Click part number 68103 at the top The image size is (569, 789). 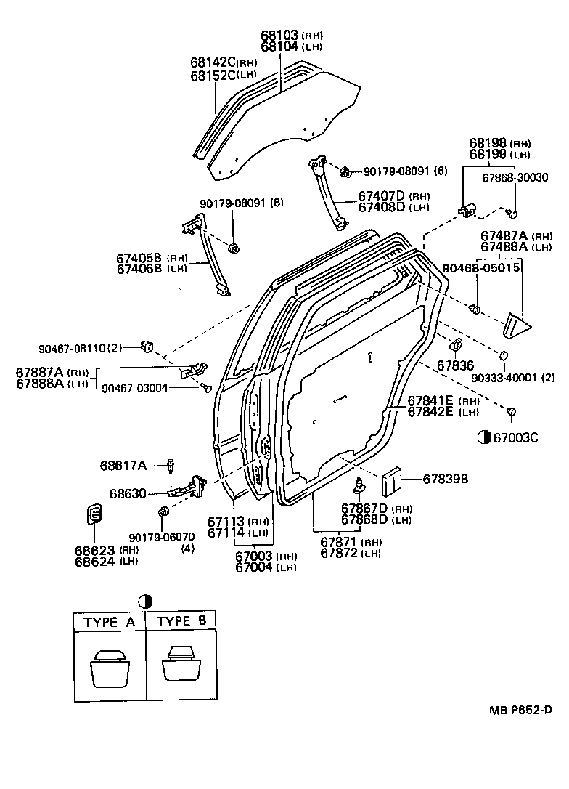[x=280, y=36]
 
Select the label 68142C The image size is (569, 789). [x=213, y=62]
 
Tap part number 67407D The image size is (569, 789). [x=382, y=196]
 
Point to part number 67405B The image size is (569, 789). [x=139, y=258]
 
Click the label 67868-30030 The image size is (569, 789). [x=515, y=177]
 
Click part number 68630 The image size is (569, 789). [x=128, y=493]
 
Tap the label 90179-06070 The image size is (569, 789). [x=162, y=537]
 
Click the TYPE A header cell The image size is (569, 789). [x=110, y=622]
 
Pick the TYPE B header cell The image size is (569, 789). [x=182, y=622]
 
